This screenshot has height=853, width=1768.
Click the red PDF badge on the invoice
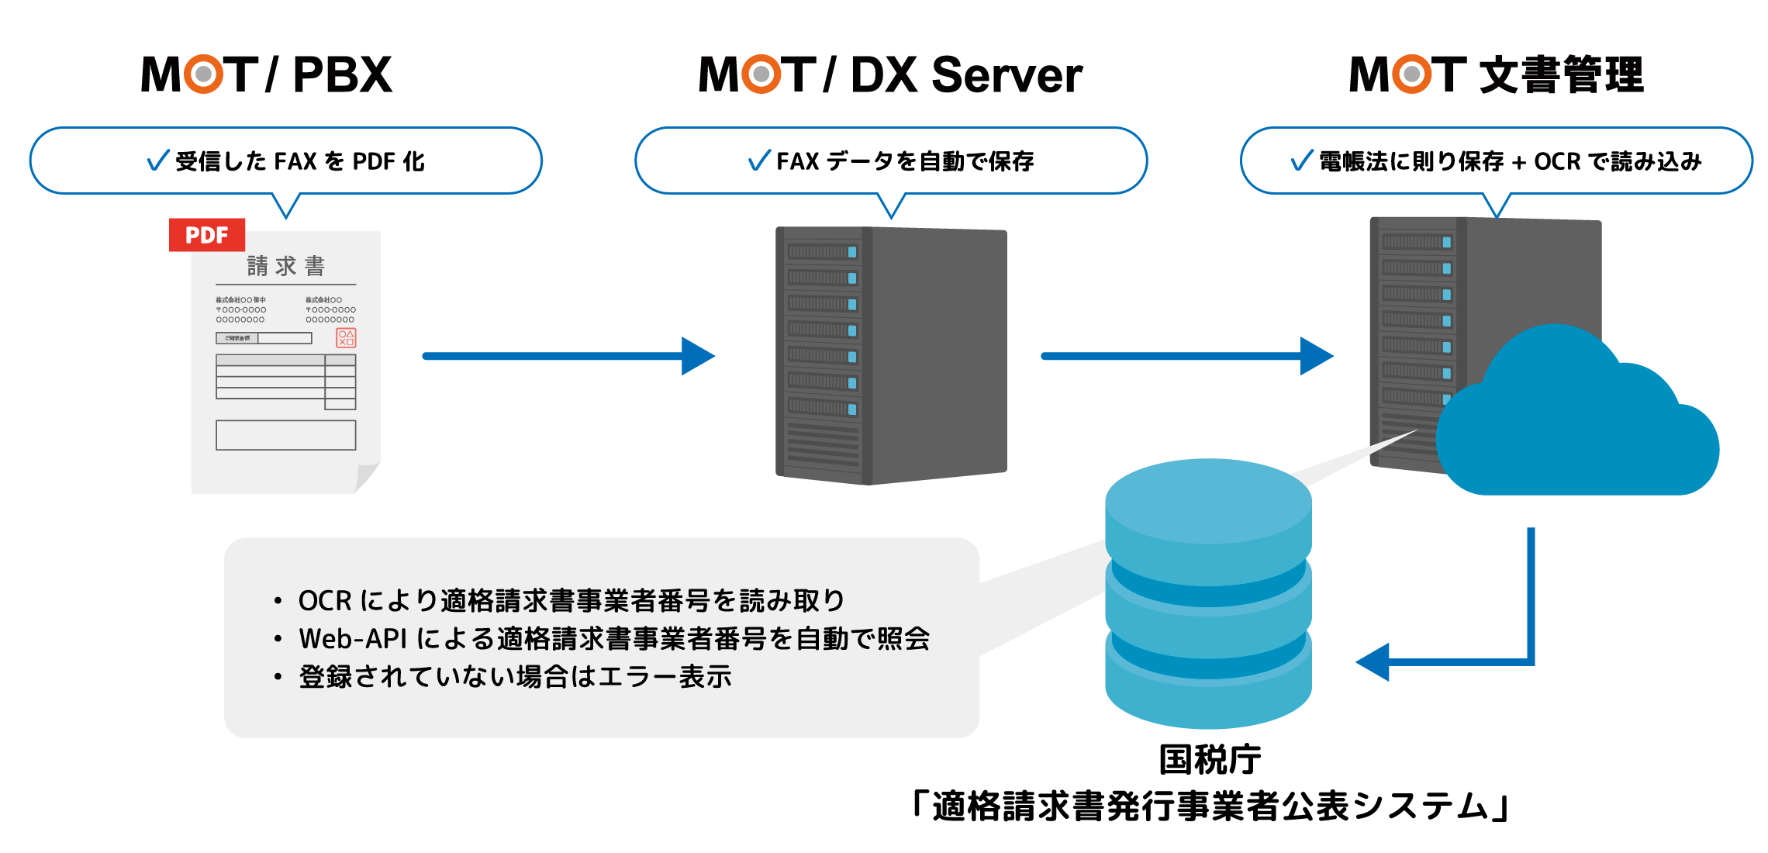pos(207,235)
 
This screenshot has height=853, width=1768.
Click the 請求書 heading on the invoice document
pos(285,266)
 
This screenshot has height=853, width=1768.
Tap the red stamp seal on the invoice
pos(346,337)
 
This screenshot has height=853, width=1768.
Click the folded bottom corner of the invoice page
pos(366,478)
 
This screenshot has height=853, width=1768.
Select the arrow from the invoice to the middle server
pos(566,356)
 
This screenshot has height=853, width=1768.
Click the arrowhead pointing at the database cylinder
pos(1373,662)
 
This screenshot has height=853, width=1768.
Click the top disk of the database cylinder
pos(1208,504)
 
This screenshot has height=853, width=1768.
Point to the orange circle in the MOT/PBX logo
pos(203,74)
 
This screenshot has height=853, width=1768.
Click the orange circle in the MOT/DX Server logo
pos(761,74)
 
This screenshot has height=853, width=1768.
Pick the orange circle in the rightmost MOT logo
pos(1411,74)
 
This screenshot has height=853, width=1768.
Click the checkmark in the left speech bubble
pos(158,160)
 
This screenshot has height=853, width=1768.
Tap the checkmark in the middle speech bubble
pos(759,160)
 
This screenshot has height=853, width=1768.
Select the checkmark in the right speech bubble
pos(1302,160)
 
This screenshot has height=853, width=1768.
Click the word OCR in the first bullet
pos(325,601)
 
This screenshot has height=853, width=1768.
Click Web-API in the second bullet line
pos(353,639)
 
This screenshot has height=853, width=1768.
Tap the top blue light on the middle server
pos(852,252)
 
